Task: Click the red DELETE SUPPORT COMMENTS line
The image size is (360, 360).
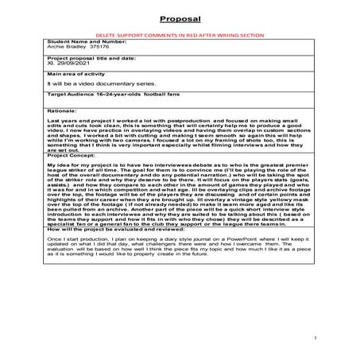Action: [179, 36]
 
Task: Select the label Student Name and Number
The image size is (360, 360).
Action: [83, 41]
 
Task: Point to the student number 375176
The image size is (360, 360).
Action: [99, 47]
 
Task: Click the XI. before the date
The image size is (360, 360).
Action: [51, 64]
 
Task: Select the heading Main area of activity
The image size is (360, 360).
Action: [77, 75]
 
